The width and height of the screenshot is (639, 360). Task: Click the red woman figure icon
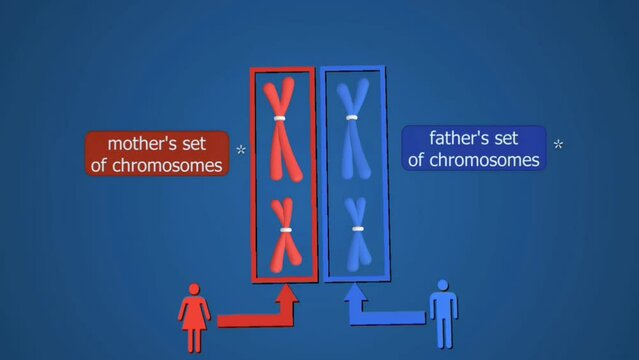point(193,318)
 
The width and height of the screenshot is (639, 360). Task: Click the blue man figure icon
point(442,314)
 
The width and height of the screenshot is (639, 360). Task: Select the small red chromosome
point(285,234)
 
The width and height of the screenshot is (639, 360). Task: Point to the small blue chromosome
point(355,233)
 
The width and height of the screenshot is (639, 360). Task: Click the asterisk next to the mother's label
point(241,151)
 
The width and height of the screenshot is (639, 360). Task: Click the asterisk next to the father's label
point(558,144)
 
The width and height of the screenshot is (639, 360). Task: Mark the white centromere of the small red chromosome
point(285,230)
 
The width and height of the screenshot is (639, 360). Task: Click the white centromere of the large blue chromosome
point(352,117)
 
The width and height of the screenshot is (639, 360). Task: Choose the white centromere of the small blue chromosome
point(355,229)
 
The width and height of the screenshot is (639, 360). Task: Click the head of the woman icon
point(193,291)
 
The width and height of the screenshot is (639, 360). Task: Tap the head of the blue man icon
point(442,286)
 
